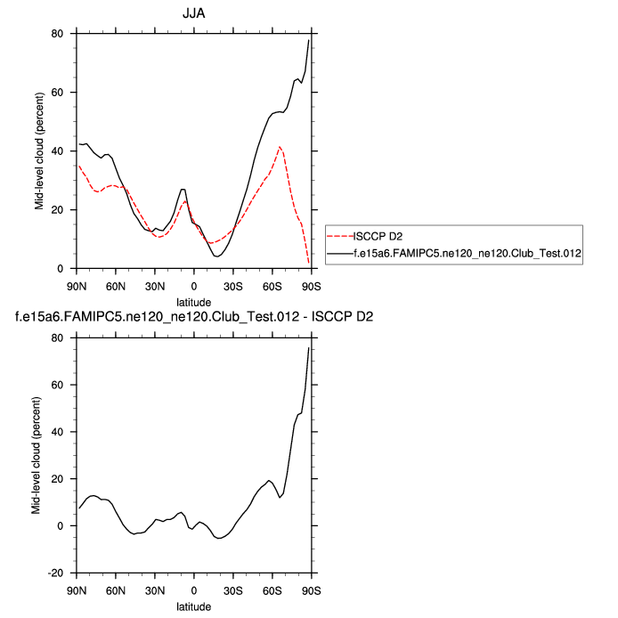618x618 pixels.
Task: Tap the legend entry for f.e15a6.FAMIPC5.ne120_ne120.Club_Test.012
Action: pos(468,255)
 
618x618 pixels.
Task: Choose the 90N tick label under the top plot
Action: pos(77,286)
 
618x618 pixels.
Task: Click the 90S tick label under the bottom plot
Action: pos(311,590)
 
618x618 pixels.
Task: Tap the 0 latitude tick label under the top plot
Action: pos(194,286)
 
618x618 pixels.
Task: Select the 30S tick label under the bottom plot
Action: pos(233,590)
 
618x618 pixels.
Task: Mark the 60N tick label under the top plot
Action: pos(117,286)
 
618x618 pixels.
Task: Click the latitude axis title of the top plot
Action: pos(194,302)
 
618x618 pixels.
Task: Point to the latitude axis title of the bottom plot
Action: pos(194,606)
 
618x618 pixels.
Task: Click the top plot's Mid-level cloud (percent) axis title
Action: pos(39,151)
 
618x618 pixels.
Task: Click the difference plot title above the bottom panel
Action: pos(194,316)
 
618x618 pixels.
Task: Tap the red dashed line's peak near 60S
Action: pos(280,147)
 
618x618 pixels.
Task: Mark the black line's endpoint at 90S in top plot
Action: pos(309,40)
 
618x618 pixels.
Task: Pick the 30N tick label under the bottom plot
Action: pos(155,590)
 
